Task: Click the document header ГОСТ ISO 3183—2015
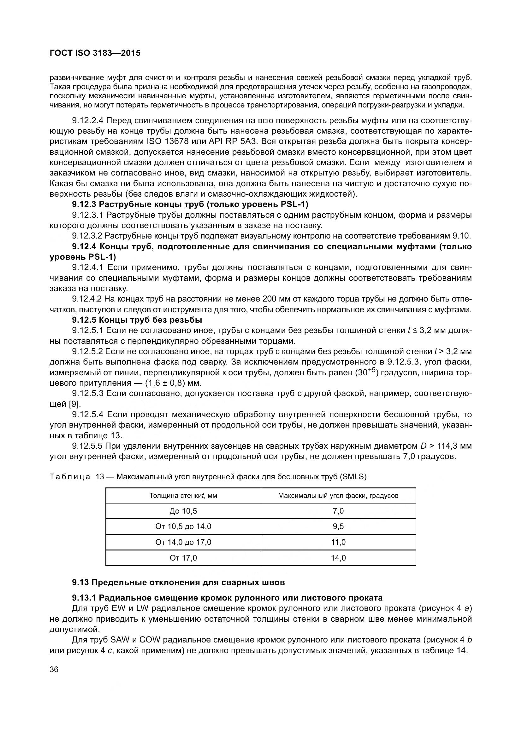(x=95, y=53)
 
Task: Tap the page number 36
(x=54, y=670)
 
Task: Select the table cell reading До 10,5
(x=183, y=511)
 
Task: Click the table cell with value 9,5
(x=338, y=527)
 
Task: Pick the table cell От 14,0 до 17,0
(x=183, y=542)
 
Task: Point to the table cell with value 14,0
(x=338, y=558)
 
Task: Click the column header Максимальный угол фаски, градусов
(x=338, y=496)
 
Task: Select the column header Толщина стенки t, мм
(x=183, y=496)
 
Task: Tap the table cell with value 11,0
(x=338, y=542)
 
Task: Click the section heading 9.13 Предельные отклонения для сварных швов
(x=178, y=582)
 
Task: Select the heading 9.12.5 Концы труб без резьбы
(x=137, y=320)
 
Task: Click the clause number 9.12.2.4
(x=87, y=121)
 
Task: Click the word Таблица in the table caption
(x=70, y=477)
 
